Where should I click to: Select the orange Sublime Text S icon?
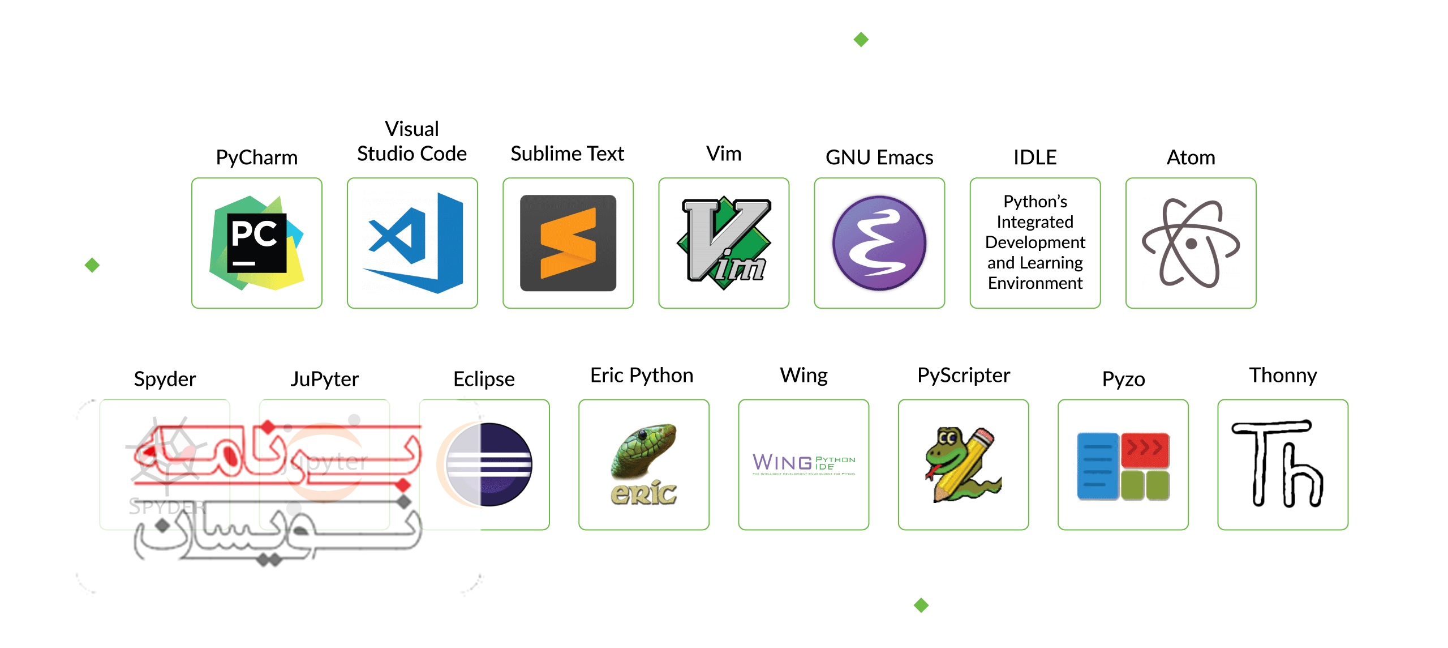point(568,243)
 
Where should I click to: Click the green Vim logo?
point(724,243)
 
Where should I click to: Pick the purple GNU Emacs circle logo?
point(879,243)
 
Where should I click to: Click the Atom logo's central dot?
point(1191,244)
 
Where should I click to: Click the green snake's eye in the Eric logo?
point(642,435)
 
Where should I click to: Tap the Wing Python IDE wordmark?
point(804,463)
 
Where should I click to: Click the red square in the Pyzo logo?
point(1145,450)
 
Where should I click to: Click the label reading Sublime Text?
point(567,154)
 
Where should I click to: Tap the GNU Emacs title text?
point(879,157)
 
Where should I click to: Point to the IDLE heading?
point(1034,157)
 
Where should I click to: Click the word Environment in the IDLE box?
point(1035,283)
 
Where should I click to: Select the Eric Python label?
point(642,376)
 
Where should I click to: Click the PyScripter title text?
point(963,376)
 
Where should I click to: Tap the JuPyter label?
point(324,379)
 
